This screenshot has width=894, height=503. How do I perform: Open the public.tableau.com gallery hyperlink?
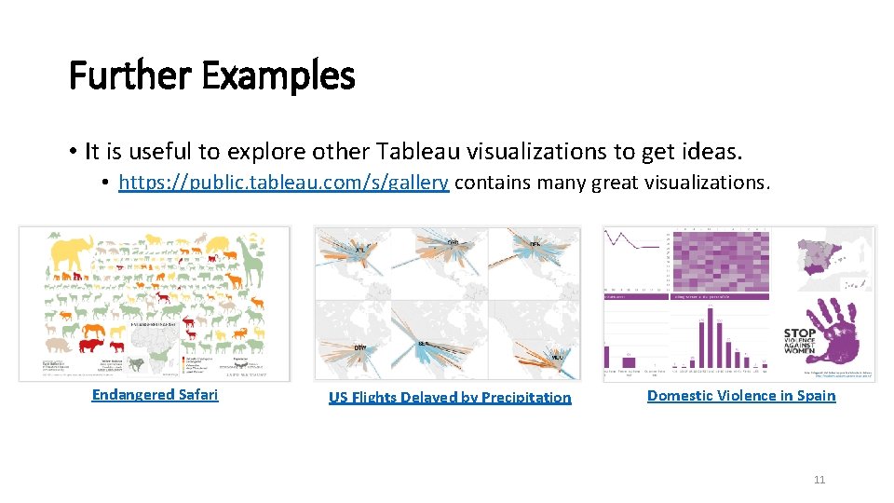coord(284,183)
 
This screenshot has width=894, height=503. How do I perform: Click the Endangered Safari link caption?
coord(155,395)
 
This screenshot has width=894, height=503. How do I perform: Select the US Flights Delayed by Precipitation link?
coord(450,398)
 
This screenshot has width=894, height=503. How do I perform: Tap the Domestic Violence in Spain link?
coord(741,396)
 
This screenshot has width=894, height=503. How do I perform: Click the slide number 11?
coord(819,480)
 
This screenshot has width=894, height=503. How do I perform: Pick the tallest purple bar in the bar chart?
coord(711,334)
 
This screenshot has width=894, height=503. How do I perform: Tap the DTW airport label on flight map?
coord(359,348)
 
